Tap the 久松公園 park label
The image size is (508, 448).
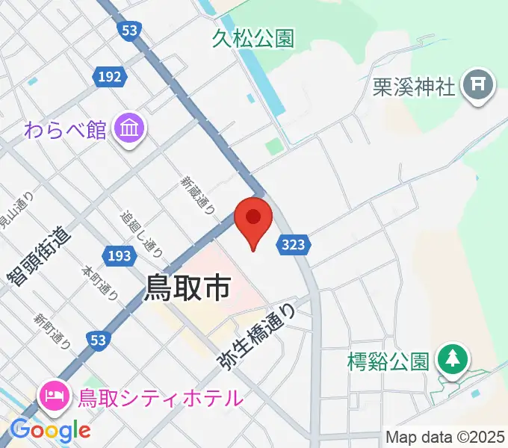coord(253,39)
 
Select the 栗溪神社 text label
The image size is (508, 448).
coord(414,87)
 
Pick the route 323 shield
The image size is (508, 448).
coord(294,243)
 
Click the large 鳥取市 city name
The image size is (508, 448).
coord(187,287)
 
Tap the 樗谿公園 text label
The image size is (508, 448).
coord(388,362)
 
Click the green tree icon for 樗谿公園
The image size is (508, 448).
coord(452,359)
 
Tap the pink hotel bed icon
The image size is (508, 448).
coord(55,393)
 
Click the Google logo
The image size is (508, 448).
coord(51,430)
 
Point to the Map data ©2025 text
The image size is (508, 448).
coord(444,437)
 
